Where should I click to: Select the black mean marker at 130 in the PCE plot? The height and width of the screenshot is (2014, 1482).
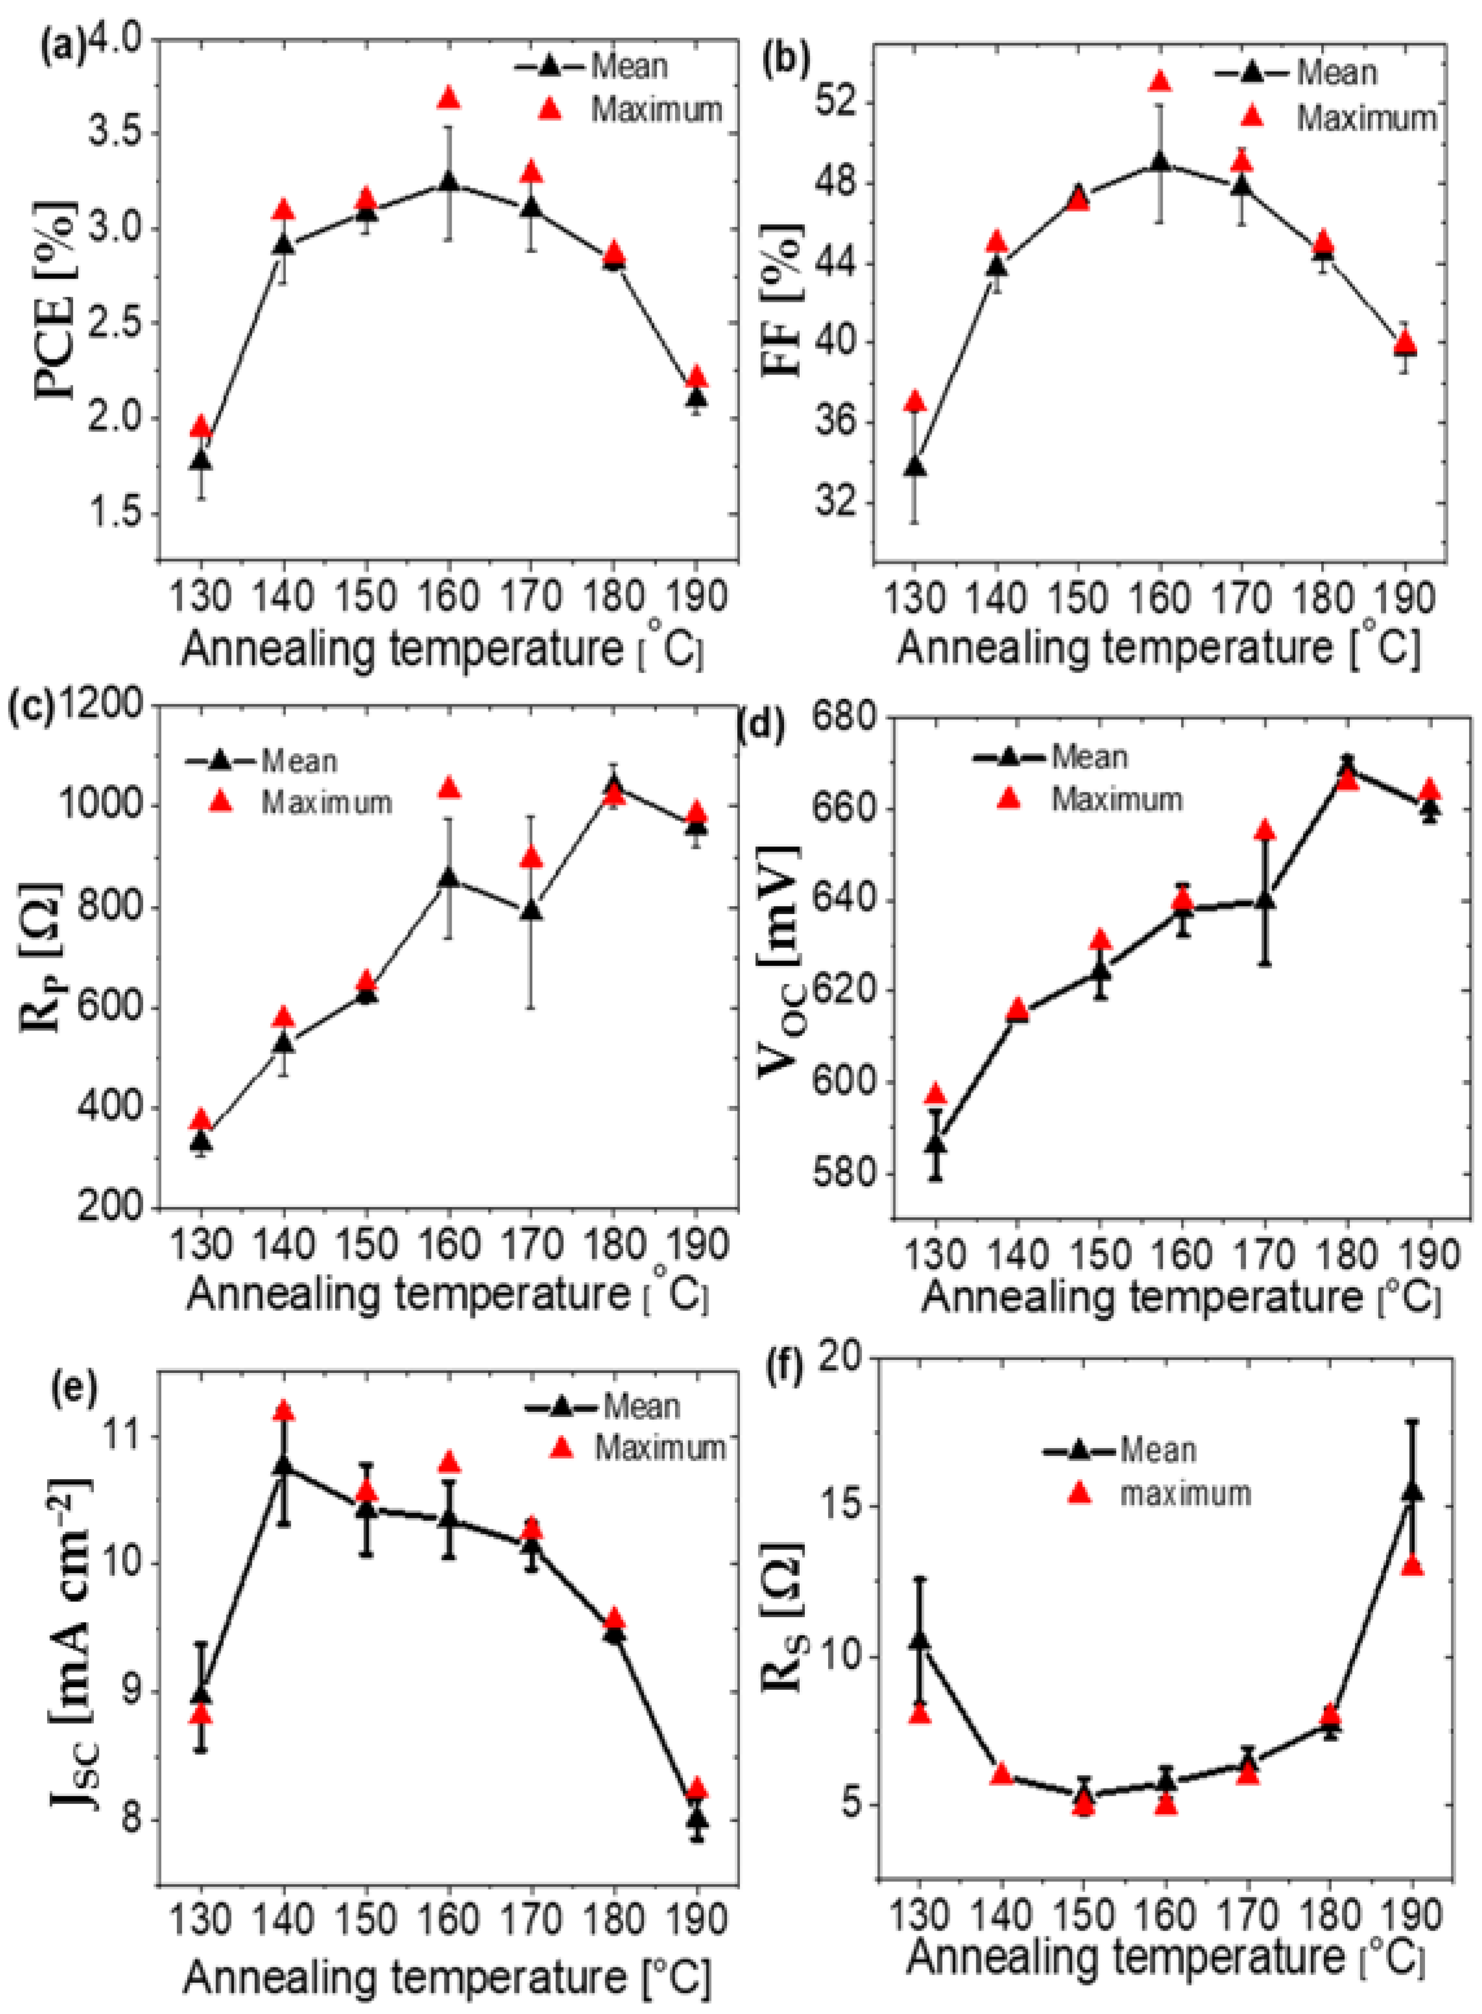point(201,460)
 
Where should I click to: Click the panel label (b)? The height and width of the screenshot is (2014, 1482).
point(786,59)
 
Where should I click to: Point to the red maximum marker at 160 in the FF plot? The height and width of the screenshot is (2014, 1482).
point(1160,81)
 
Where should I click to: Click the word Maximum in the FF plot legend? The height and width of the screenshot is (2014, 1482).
point(1367,118)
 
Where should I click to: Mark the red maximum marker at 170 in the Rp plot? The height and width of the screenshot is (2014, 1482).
point(531,858)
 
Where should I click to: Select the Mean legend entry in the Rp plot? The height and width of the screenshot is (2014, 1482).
point(299,761)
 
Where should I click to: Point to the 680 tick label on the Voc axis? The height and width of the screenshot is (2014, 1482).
point(844,718)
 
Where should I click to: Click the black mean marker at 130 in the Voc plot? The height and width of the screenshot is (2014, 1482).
point(935,1144)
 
